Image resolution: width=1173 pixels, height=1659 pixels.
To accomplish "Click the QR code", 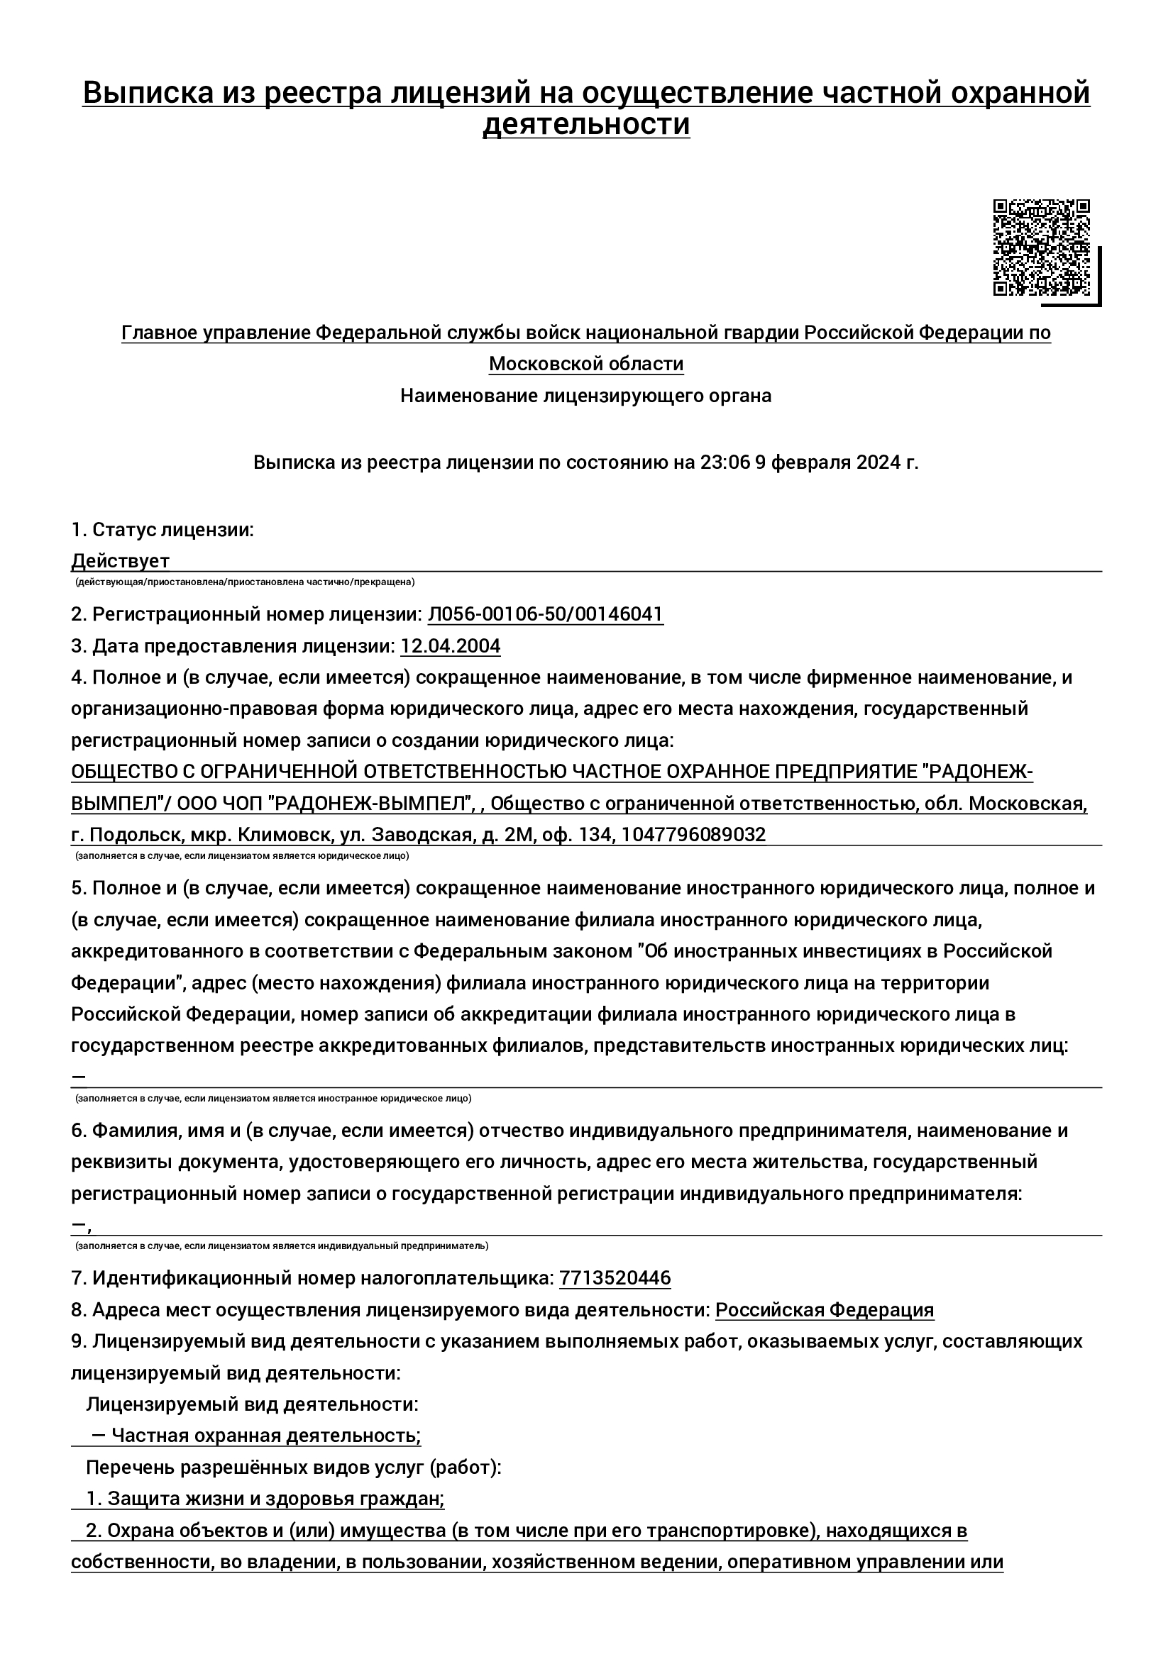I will coord(1041,247).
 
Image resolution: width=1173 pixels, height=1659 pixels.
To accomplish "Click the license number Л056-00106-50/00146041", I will coord(546,614).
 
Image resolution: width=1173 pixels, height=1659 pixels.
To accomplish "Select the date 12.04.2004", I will coord(451,646).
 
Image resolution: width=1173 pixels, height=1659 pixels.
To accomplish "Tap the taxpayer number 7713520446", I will coord(615,1278).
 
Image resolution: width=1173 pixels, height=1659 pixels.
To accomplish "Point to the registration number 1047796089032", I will coord(693,836).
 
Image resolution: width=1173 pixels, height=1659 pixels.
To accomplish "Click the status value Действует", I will coord(120,561).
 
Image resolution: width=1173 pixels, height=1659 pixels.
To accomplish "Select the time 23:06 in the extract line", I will coord(725,462).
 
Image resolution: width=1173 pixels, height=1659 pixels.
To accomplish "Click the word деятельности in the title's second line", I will coord(585,124).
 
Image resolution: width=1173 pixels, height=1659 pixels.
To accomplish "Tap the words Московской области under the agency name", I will coord(586,363).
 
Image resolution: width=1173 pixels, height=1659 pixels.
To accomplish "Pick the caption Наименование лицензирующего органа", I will coord(586,396).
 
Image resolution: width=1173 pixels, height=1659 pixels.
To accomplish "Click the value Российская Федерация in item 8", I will coord(825,1310).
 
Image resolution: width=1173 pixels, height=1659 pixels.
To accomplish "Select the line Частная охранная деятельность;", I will coord(266,1436).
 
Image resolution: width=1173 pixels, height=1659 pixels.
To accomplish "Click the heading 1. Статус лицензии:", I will coord(163,530).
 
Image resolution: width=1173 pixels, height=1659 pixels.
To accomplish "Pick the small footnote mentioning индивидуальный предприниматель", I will coord(282,1245).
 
